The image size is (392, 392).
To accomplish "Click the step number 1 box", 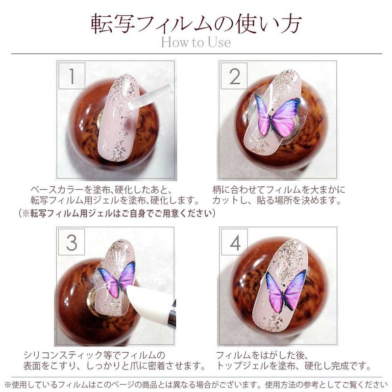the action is click(x=72, y=76).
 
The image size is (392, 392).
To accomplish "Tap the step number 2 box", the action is click(x=234, y=76).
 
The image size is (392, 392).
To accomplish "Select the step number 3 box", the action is click(x=72, y=242).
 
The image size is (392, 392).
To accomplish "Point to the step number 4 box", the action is click(x=235, y=242).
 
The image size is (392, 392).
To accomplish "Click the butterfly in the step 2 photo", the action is click(x=276, y=116).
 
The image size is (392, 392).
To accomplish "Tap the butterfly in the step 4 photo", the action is click(x=286, y=291).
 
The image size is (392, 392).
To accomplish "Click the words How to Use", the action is click(x=196, y=42).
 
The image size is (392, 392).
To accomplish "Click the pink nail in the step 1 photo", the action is click(x=118, y=118).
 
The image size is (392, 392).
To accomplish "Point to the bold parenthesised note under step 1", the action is click(x=117, y=214).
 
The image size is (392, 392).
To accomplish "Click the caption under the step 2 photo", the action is click(x=278, y=195).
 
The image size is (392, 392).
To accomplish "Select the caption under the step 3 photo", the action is click(x=115, y=360).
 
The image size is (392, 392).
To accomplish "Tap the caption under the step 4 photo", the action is click(x=294, y=360).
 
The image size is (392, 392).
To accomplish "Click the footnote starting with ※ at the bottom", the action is click(x=196, y=385).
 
